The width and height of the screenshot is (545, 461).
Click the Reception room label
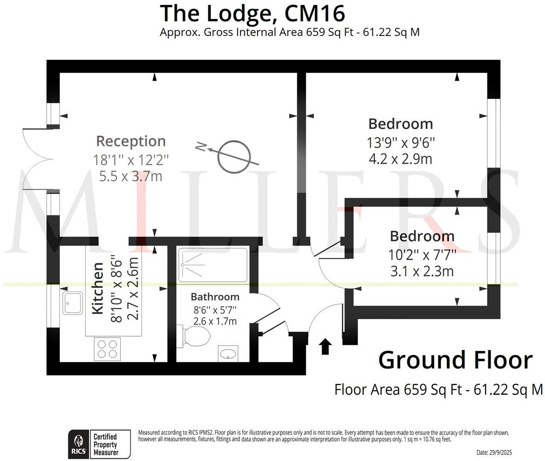click(130, 141)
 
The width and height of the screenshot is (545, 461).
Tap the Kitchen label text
click(98, 288)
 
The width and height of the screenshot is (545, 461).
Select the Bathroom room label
click(215, 297)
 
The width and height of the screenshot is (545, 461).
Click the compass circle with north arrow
click(234, 157)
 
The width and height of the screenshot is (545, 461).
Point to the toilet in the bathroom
click(195, 336)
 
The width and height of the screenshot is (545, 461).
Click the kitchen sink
click(73, 303)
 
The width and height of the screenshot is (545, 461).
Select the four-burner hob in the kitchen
click(107, 349)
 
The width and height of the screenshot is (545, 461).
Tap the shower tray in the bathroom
click(212, 265)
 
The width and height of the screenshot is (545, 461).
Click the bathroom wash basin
click(228, 354)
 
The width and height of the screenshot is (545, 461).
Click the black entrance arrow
click(325, 346)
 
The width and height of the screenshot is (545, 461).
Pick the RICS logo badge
click(78, 444)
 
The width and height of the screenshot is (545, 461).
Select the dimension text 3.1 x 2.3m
click(422, 271)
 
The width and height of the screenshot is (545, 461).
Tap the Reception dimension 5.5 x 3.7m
click(130, 176)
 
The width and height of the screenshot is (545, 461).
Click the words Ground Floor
click(455, 360)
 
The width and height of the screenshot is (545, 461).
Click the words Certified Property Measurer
click(105, 444)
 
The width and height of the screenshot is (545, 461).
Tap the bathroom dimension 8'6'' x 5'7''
click(215, 309)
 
